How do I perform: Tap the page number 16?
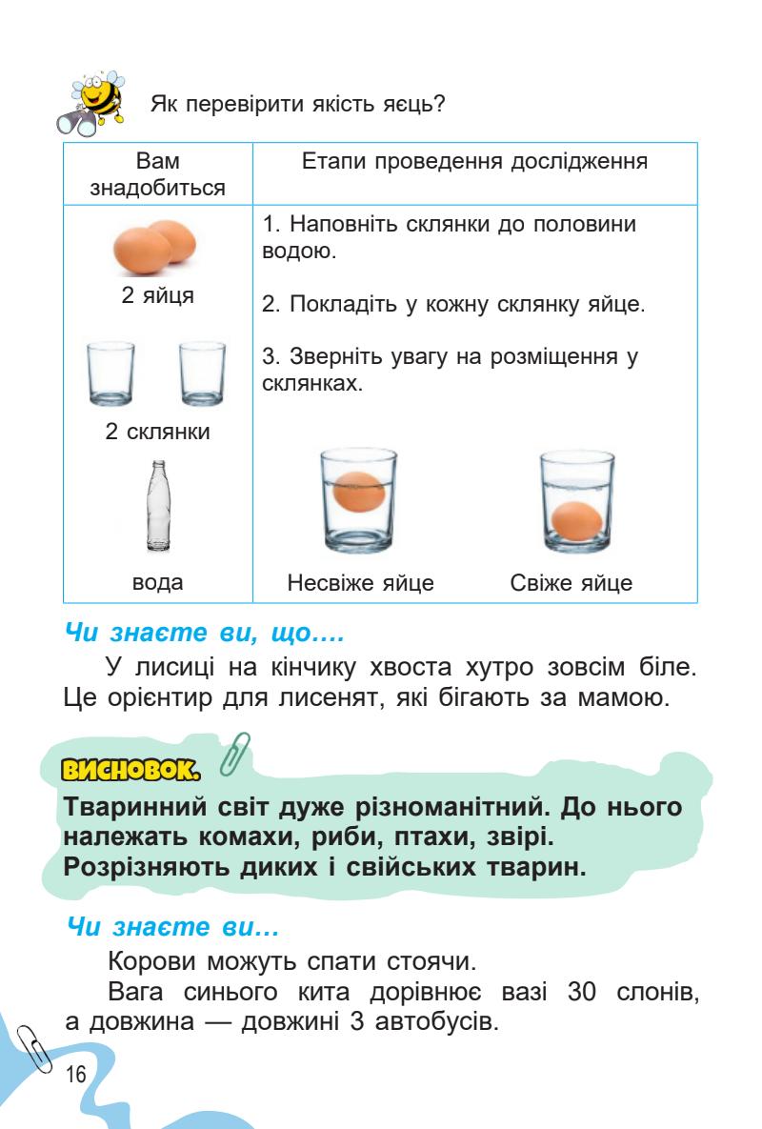coord(75,1074)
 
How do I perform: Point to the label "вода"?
coord(157,582)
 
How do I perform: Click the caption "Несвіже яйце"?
coord(360,582)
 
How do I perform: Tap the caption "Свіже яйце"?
coord(571,582)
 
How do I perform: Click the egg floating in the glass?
coord(359,493)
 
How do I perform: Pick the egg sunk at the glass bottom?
coord(576,520)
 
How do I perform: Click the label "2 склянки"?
coord(157,431)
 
